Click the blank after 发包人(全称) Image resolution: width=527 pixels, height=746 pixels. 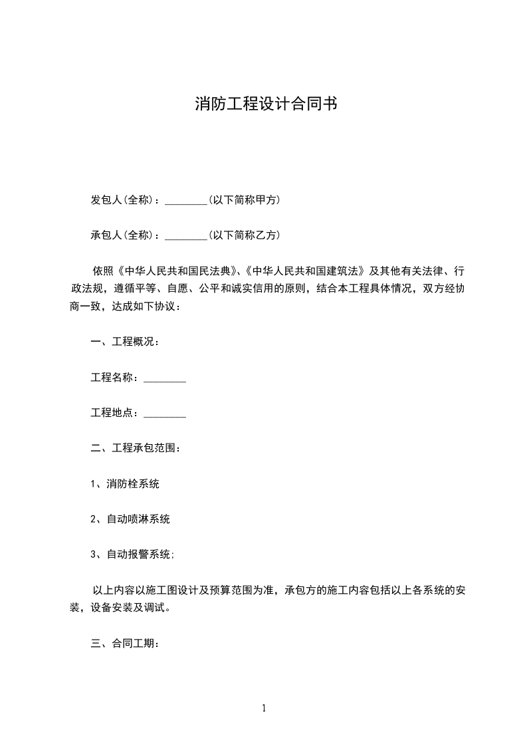[185, 200]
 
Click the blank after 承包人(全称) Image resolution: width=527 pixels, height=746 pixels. [185, 235]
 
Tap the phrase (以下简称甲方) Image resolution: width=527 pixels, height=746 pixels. [243, 200]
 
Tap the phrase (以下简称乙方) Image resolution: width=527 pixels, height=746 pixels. [243, 235]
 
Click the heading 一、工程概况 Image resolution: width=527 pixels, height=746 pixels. [124, 342]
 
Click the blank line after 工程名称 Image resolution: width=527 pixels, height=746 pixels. [165, 378]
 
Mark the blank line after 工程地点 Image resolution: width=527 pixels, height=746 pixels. [165, 414]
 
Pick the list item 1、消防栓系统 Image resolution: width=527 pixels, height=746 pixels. [125, 484]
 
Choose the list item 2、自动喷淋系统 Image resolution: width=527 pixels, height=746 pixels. [130, 519]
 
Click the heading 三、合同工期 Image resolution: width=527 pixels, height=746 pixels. [124, 644]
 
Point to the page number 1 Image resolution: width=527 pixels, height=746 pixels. [264, 708]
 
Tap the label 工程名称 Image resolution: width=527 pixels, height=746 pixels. [114, 378]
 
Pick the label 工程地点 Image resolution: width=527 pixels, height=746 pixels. [114, 414]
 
